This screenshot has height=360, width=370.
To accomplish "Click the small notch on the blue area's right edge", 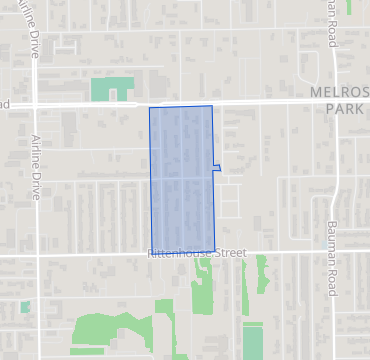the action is coord(216,168).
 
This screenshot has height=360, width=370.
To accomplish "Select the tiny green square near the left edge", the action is coord(24,307).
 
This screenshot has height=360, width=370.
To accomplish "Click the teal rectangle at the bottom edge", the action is coord(252,340).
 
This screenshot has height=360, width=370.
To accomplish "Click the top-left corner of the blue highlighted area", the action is coord(150,108).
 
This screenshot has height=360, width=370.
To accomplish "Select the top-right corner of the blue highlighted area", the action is coord(212,106).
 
